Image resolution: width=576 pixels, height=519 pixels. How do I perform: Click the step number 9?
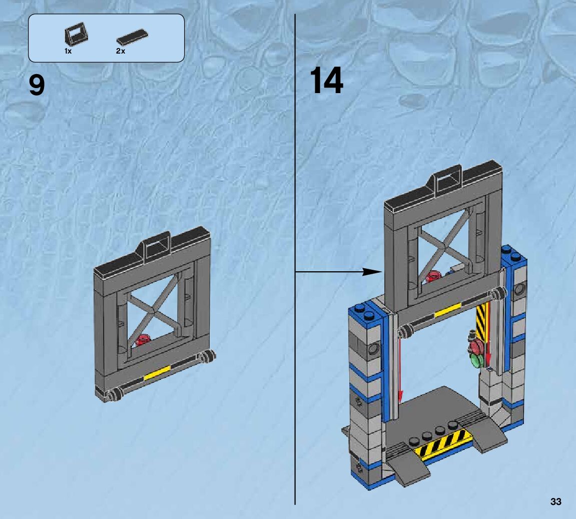click(x=37, y=85)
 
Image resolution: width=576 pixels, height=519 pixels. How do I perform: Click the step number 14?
click(x=326, y=81)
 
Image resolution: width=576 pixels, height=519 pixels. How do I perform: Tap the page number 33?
click(x=555, y=501)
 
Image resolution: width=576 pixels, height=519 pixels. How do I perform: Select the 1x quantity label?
click(x=68, y=51)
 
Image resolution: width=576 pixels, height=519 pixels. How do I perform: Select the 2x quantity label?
click(x=120, y=51)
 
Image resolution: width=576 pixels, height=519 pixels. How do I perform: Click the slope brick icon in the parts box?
click(x=76, y=37)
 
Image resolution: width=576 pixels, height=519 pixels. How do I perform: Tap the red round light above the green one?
click(x=476, y=345)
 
